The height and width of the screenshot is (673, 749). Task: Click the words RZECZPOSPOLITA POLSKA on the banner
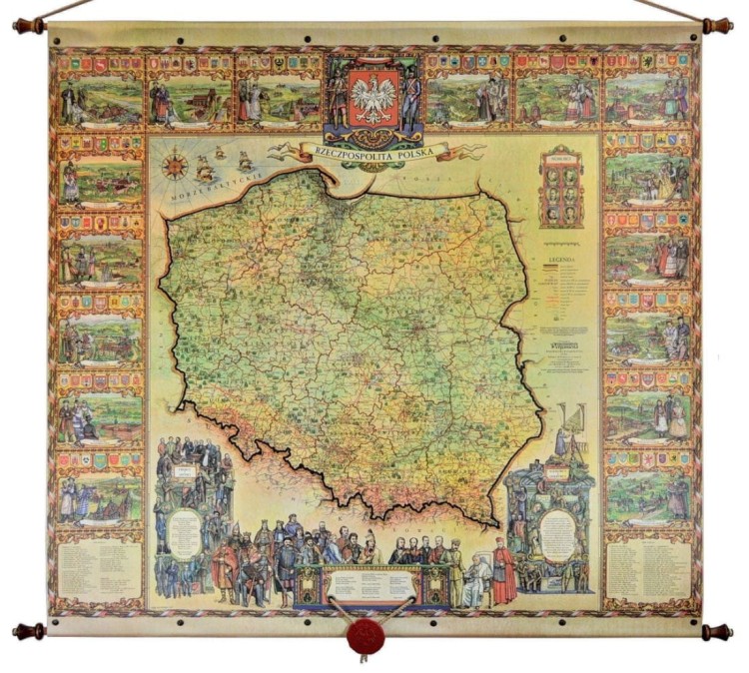374,152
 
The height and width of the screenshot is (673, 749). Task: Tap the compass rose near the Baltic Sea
176,165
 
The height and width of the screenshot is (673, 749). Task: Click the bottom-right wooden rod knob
718,631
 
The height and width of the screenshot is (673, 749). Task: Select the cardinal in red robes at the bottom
502,571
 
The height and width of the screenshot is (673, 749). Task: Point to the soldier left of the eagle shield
339,98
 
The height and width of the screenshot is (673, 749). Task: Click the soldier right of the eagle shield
409,98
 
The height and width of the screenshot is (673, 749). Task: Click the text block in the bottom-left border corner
99,569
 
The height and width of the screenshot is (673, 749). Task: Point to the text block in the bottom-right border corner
648,569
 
